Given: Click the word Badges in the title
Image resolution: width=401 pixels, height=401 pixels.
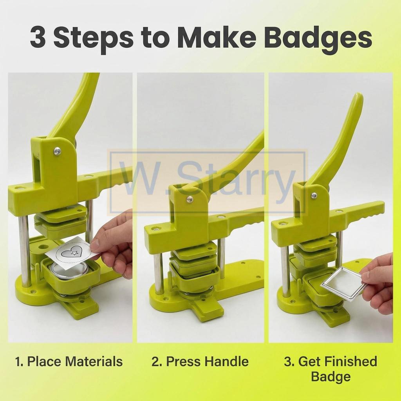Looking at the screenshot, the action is click(x=318, y=39).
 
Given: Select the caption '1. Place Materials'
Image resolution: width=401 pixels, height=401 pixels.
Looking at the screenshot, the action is click(x=69, y=361).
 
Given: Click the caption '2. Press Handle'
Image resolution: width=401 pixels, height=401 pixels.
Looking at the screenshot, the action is click(x=200, y=361).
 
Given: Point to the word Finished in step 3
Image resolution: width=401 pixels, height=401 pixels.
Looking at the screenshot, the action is click(x=350, y=361).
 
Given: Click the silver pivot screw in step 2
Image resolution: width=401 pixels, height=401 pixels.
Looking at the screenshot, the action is click(x=189, y=199).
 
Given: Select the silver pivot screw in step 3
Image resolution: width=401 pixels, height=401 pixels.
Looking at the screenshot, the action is click(x=314, y=196).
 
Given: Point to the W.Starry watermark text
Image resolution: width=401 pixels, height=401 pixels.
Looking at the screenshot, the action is click(x=208, y=182).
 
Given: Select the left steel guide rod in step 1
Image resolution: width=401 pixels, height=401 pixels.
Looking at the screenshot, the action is click(x=24, y=251).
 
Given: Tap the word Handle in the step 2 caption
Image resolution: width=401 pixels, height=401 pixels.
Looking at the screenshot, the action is click(x=226, y=361).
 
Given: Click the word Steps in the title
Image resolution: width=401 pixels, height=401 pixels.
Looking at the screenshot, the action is click(x=94, y=39).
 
